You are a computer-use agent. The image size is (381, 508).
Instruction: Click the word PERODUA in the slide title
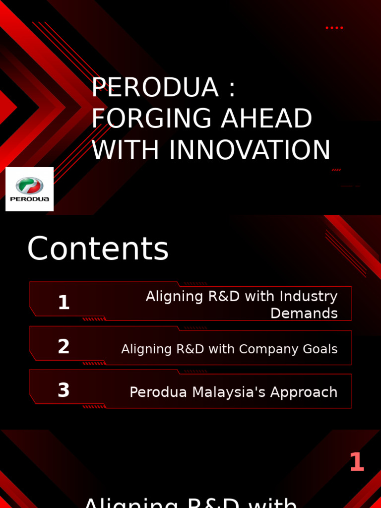coord(154,88)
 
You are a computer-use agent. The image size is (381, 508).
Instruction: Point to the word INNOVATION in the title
coord(250,150)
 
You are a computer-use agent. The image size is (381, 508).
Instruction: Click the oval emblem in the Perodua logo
coord(30,186)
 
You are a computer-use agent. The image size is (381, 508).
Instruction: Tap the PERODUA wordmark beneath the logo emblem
coord(30,199)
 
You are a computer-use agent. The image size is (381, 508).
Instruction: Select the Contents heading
coord(98,249)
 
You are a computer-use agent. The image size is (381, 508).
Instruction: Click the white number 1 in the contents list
coord(63,303)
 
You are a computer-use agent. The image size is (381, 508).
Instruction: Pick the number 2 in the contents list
coord(63,347)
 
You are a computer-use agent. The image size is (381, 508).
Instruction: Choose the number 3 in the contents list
coord(63,390)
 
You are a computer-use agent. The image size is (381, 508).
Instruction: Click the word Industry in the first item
coord(308,297)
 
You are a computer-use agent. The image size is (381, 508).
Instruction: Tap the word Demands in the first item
coord(304,314)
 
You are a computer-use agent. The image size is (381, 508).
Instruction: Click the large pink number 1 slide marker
coord(357,462)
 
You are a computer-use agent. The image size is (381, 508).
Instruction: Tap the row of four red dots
coord(334,28)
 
